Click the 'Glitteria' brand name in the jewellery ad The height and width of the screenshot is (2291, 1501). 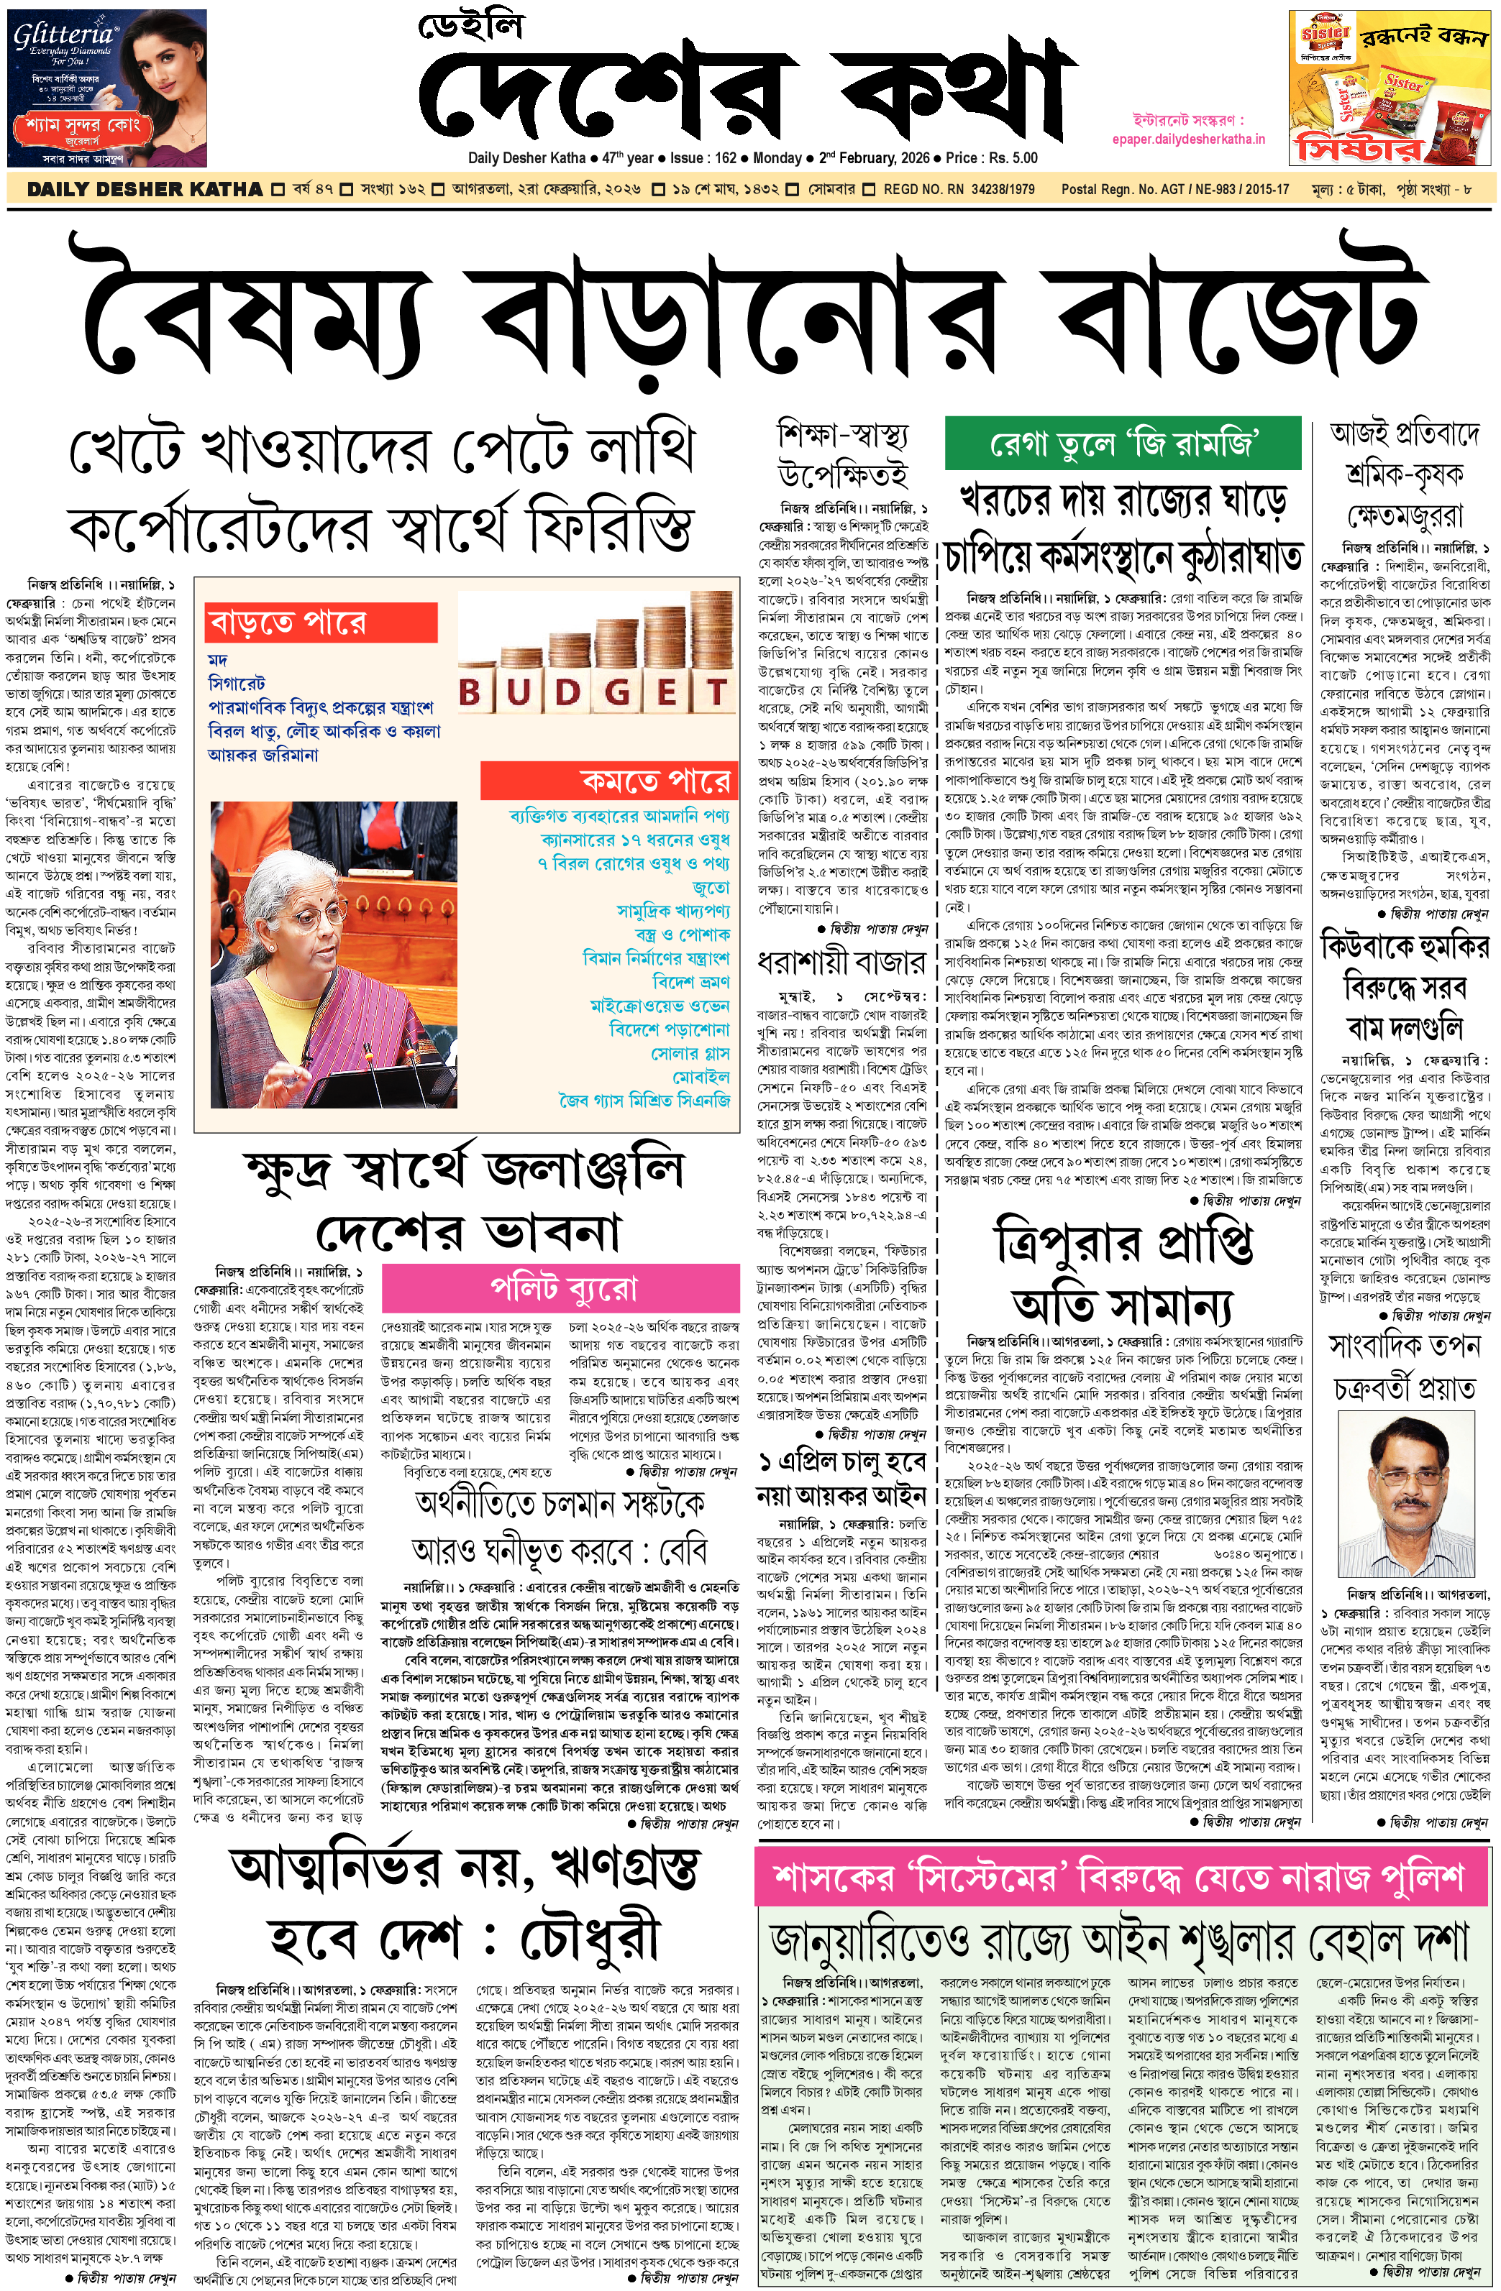63,36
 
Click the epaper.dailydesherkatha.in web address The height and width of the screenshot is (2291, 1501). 1188,139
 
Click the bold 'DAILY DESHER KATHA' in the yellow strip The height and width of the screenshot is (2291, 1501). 145,190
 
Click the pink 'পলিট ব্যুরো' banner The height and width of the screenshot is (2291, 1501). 563,1288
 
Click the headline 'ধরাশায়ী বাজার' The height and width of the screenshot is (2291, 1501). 841,962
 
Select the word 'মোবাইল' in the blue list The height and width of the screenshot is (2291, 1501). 700,1076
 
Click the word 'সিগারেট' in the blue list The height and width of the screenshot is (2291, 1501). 237,684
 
